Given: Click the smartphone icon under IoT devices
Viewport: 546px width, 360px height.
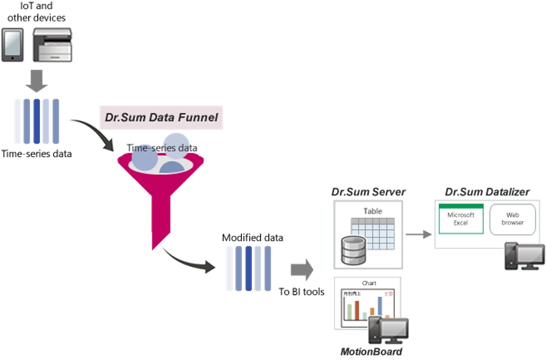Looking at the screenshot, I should (x=12, y=45).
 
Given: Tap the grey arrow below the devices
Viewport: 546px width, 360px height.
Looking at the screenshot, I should (x=37, y=81).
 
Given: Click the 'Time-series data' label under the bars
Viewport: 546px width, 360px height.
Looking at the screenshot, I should (x=36, y=154).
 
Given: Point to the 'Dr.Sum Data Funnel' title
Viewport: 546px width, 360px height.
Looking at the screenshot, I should (x=161, y=118).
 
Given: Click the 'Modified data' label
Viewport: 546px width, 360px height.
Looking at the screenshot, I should (x=252, y=238).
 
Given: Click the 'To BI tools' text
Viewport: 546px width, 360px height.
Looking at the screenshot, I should (x=301, y=291).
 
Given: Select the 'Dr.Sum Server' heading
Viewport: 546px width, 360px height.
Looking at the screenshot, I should (x=368, y=192).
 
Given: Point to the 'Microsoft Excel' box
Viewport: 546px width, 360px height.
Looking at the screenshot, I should (x=460, y=219).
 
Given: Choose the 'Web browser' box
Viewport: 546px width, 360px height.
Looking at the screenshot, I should (x=512, y=219).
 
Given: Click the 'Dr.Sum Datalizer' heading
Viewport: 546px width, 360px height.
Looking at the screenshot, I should (x=487, y=192).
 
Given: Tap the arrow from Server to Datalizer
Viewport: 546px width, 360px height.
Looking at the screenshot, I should (x=418, y=235).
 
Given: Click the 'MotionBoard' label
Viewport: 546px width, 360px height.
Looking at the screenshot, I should (x=371, y=352).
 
